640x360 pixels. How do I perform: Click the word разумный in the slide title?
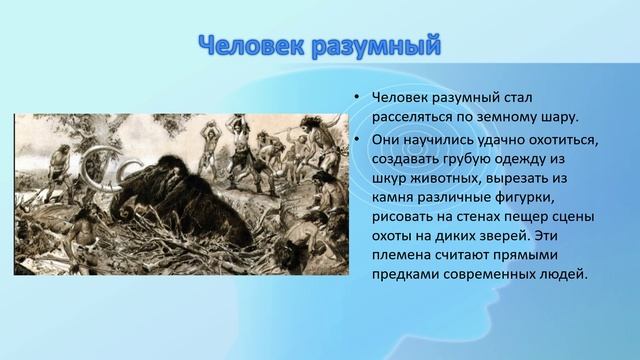(376, 46)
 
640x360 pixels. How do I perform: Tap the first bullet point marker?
(354, 98)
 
